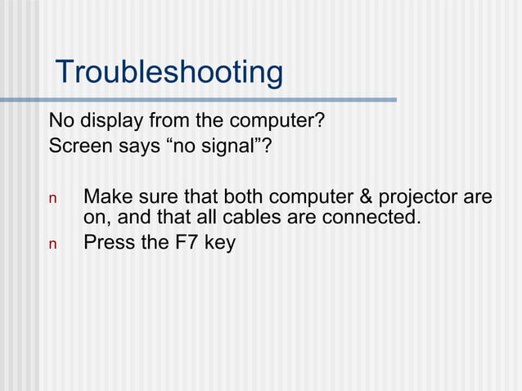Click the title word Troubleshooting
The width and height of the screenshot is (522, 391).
tap(169, 73)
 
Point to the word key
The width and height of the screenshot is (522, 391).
tap(219, 244)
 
